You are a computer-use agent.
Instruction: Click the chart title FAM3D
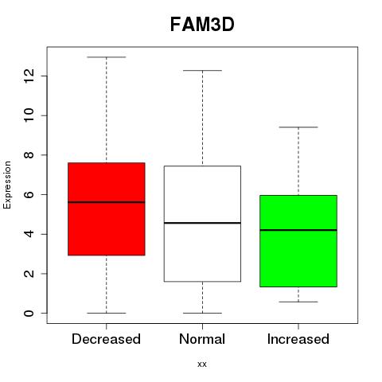(202, 25)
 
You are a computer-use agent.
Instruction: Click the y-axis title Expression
(7, 185)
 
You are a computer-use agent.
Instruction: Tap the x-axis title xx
(202, 364)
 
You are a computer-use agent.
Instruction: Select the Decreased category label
(106, 339)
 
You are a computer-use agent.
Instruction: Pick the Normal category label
(202, 339)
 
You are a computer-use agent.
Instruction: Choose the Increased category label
(298, 339)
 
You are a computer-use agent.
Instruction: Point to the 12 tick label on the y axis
(29, 76)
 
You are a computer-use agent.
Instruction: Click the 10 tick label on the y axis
(29, 115)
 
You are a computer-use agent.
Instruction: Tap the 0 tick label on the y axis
(29, 314)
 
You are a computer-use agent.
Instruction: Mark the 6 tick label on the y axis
(29, 194)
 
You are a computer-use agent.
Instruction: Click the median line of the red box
(107, 202)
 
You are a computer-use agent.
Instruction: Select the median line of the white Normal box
(202, 223)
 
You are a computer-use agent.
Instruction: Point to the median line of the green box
(298, 230)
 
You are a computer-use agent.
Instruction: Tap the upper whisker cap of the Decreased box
(107, 57)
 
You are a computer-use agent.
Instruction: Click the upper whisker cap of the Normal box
(202, 71)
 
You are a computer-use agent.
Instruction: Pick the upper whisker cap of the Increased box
(298, 127)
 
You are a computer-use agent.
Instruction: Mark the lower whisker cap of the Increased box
(298, 302)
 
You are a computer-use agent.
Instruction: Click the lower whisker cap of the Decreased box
(107, 313)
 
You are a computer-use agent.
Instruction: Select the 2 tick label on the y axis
(29, 274)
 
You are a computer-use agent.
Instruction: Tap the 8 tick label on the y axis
(29, 155)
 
